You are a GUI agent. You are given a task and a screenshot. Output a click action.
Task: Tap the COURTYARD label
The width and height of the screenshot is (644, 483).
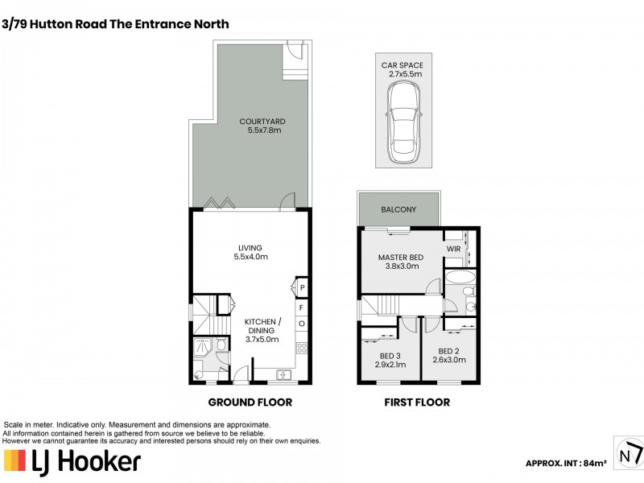click(x=262, y=122)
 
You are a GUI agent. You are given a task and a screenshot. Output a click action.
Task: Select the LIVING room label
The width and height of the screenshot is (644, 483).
click(x=250, y=248)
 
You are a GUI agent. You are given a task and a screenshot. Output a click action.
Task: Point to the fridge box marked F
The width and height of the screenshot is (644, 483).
click(x=302, y=307)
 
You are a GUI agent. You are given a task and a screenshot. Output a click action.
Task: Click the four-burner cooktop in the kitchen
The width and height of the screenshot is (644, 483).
click(x=302, y=349)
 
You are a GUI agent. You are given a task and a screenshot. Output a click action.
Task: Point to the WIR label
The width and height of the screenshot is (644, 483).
click(x=454, y=250)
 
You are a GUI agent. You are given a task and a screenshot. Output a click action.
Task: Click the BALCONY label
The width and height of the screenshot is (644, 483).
click(x=400, y=210)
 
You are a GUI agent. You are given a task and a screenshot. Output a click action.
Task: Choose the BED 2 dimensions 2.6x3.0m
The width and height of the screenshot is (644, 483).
click(x=451, y=361)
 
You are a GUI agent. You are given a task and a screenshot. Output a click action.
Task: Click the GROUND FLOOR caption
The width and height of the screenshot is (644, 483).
click(x=250, y=402)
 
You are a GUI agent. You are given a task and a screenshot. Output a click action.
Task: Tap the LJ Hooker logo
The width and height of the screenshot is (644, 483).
click(x=72, y=461)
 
